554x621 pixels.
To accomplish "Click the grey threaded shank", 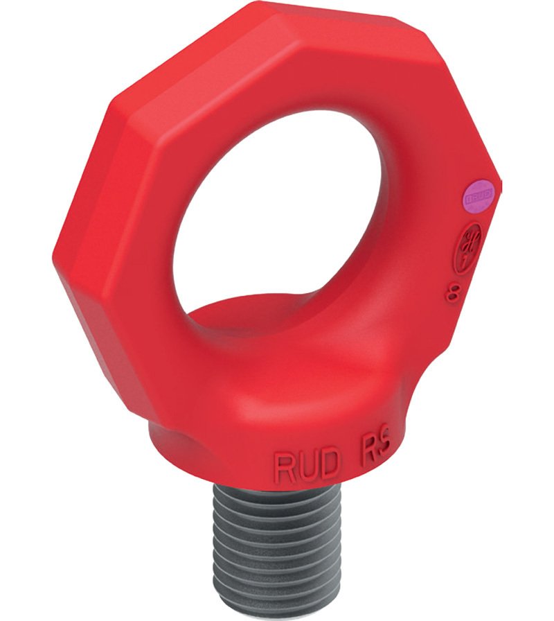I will [277, 548].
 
